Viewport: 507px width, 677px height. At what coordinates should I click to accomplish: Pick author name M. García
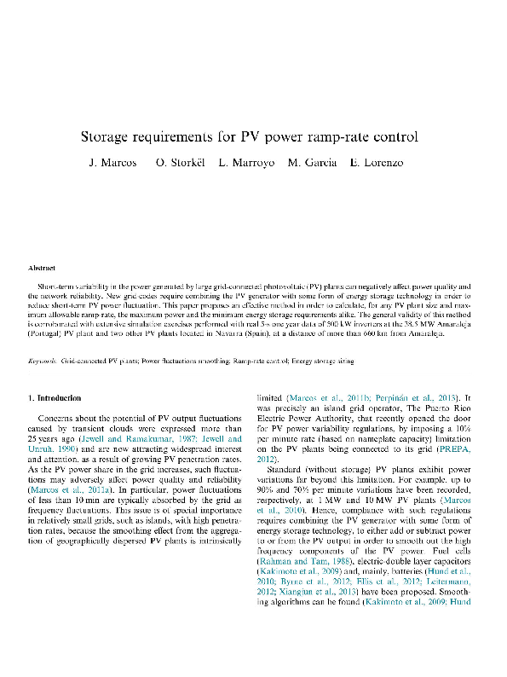313,163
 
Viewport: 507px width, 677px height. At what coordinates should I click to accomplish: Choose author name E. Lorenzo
376,163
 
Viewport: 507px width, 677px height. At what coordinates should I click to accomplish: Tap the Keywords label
43,362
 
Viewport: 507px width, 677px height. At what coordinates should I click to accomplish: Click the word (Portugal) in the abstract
47,336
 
